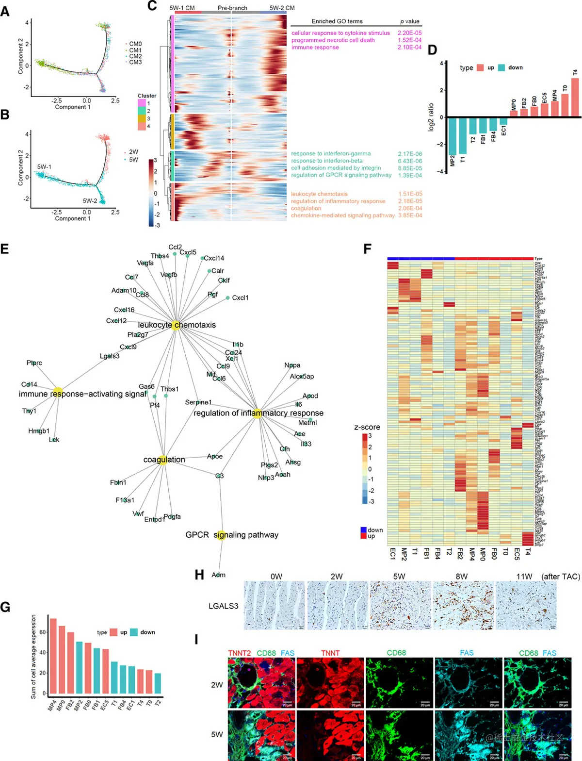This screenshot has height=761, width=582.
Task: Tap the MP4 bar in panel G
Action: [53, 656]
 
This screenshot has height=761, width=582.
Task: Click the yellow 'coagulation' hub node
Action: [163, 460]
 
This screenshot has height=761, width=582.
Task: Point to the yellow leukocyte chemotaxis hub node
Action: [176, 325]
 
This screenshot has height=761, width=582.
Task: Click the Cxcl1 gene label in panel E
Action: [240, 298]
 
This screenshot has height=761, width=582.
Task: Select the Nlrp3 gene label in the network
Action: [266, 478]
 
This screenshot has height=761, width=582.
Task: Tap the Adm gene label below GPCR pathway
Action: [218, 575]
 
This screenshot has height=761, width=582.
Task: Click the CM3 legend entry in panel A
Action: [135, 62]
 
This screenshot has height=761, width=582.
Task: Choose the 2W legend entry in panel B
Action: [133, 152]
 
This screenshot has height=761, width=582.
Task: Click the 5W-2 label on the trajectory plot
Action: [90, 200]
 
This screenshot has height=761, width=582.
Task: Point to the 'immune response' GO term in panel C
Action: [315, 47]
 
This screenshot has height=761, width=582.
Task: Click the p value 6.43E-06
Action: [410, 161]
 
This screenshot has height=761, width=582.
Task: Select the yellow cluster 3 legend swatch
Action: [142, 118]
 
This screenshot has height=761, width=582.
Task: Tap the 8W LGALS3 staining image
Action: [462, 605]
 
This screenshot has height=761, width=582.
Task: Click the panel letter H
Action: [199, 575]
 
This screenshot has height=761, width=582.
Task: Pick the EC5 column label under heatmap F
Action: [517, 554]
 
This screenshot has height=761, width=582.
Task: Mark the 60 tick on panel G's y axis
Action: [43, 632]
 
